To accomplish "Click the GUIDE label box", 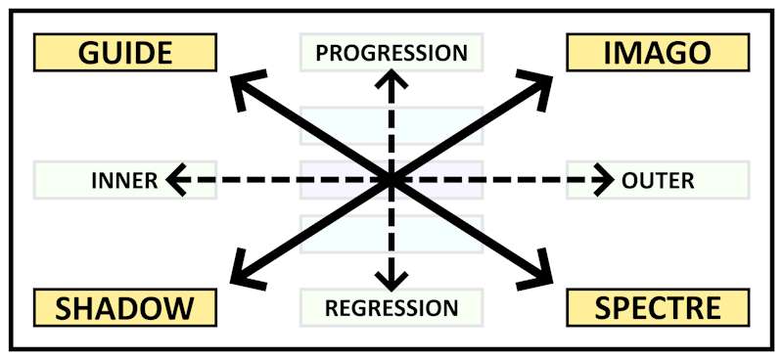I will pos(124,53).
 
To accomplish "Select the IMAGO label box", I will pos(657,53).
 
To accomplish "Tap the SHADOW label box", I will pos(124,307).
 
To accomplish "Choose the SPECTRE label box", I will pos(657,307).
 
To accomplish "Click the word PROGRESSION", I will pos(391,52).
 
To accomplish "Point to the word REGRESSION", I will pos(391,308).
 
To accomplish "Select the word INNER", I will pos(124,180).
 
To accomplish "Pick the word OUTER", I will pos(658,180).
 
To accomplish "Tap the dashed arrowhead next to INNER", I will pos(175,180).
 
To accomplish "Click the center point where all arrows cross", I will pos(391,180).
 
